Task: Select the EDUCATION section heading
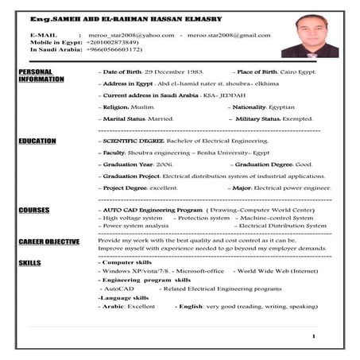(37, 141)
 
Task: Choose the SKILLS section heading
(29, 261)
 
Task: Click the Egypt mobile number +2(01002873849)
(114, 43)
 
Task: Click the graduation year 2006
(165, 164)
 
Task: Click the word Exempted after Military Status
(299, 118)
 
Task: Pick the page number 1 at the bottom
(315, 336)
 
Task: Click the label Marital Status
(120, 118)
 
